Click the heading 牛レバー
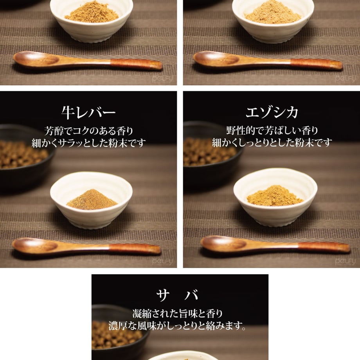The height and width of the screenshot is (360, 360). [x=88, y=113]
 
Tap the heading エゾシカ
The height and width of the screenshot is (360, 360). [x=272, y=112]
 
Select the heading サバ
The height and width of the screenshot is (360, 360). [x=177, y=295]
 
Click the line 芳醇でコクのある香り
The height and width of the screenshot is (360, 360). [x=89, y=131]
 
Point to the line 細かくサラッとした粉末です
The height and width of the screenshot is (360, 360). [x=89, y=143]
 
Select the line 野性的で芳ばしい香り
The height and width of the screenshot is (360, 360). [x=272, y=131]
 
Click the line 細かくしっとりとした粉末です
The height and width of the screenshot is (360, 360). [x=272, y=142]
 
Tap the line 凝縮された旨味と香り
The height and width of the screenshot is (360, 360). [x=178, y=313]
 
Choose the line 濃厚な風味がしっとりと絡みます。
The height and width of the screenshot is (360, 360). [x=178, y=326]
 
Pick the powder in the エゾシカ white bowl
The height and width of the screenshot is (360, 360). [x=275, y=196]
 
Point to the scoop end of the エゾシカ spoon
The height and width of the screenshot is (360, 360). [x=223, y=244]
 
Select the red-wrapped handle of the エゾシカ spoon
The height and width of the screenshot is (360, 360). [x=324, y=247]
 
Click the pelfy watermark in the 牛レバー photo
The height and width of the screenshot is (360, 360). [x=162, y=261]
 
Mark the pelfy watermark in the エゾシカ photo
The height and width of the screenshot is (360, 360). [x=345, y=261]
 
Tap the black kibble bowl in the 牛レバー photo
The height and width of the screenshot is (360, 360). [x=25, y=158]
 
